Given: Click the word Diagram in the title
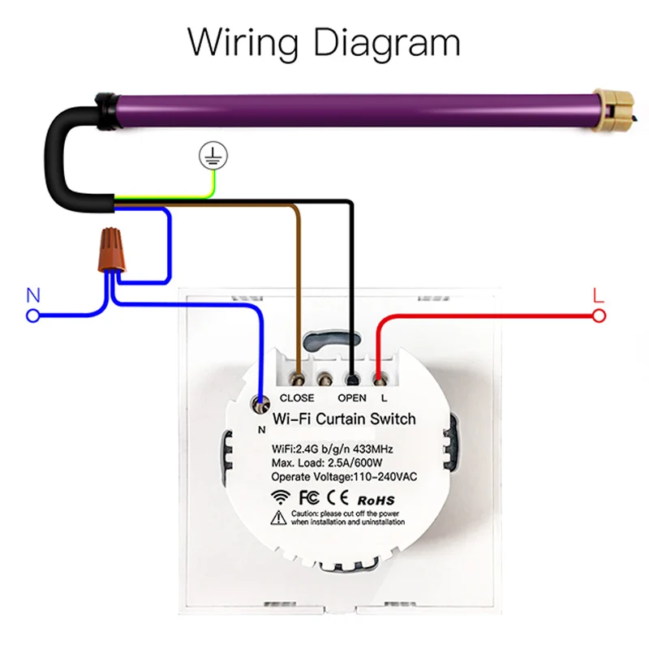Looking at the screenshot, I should coord(388,42).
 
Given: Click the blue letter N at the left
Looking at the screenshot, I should coord(33,294).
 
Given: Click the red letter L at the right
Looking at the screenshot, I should coord(599,294).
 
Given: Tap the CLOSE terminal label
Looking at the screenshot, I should coord(296,398).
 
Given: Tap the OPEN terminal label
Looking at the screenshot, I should coord(352,398).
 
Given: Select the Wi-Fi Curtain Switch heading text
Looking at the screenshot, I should coord(345,419).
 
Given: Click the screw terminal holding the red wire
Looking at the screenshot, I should coord(379,378).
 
